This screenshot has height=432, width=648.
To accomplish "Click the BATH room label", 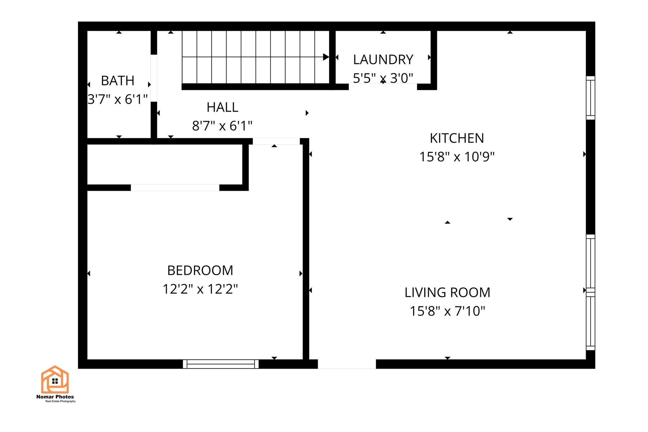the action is [x=117, y=81].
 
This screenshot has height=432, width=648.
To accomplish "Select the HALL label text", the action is [x=222, y=107].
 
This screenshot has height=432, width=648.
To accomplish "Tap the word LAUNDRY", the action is [x=383, y=59].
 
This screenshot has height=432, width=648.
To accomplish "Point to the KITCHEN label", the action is [x=457, y=138].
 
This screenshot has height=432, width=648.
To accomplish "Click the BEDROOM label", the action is [x=200, y=270].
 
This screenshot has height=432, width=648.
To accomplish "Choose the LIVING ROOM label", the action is [x=447, y=292].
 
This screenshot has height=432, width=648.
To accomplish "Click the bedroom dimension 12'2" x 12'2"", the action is [x=200, y=289].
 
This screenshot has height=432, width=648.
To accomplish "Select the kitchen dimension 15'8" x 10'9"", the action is [x=457, y=157].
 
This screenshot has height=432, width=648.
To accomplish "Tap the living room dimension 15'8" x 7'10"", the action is [x=447, y=311].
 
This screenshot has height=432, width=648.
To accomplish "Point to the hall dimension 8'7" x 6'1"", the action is [x=222, y=126].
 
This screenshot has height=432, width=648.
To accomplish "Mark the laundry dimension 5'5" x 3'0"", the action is [x=383, y=78].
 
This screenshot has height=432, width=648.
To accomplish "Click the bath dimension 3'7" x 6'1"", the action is [x=117, y=99].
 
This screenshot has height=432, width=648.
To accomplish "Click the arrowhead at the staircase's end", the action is [x=326, y=57].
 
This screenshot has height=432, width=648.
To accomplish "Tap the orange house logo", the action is [x=55, y=379].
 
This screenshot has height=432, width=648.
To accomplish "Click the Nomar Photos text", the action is [x=55, y=397].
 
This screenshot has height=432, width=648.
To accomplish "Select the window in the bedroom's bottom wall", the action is [x=221, y=364].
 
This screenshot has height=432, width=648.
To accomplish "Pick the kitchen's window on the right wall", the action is [x=590, y=98].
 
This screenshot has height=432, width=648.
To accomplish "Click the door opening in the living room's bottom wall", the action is [x=347, y=364].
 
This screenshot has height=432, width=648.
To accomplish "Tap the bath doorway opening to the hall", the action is [x=154, y=78].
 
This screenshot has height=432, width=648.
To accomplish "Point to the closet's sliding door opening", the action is [x=175, y=188].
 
